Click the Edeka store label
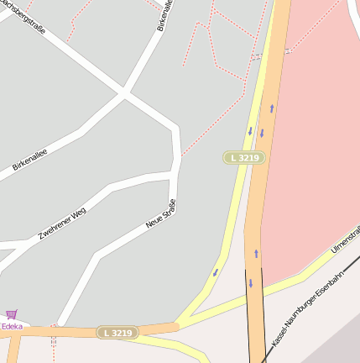(x=12, y=326)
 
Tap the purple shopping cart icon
(x=11, y=315)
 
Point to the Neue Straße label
(x=161, y=213)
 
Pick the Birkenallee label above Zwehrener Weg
(x=29, y=160)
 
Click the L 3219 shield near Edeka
(x=116, y=333)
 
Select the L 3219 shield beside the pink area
(x=244, y=158)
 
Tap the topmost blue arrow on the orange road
(x=271, y=108)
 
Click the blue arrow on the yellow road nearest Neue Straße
(x=216, y=272)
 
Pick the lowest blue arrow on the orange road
(x=250, y=283)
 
